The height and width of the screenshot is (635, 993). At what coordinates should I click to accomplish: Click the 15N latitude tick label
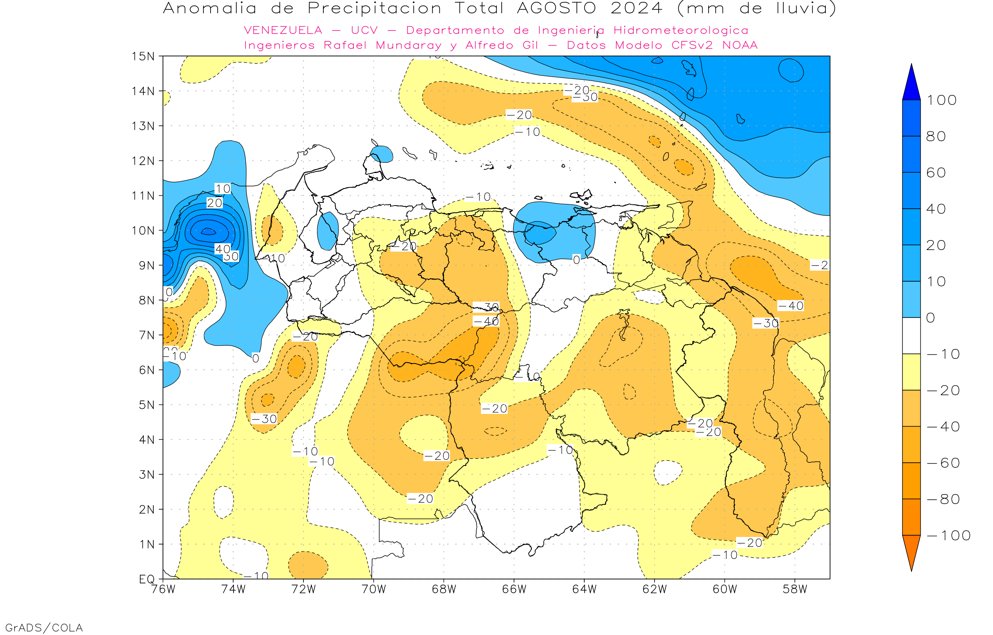tap(143, 56)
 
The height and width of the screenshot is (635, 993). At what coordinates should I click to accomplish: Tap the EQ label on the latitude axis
tap(147, 579)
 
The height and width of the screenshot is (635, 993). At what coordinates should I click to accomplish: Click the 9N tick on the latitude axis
tap(147, 266)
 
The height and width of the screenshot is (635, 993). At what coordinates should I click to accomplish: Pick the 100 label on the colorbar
tap(941, 100)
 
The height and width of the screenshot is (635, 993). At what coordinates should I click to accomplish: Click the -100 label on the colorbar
tap(949, 536)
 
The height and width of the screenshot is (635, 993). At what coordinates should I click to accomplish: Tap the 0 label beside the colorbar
tap(930, 318)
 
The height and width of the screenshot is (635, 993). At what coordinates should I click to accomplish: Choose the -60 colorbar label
tap(943, 463)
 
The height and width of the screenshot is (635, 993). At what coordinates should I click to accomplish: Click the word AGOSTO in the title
tap(556, 8)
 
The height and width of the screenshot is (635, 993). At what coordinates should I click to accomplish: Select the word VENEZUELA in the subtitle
tap(283, 31)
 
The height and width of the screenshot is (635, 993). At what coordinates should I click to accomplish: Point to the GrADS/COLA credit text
tap(44, 628)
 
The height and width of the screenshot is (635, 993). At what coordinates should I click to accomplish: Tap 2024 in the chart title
tap(637, 8)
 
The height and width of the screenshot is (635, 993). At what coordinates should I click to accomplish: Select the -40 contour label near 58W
tap(790, 306)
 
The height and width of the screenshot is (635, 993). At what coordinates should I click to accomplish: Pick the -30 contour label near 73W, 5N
tap(264, 419)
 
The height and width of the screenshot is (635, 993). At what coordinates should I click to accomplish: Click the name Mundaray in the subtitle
tap(408, 45)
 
